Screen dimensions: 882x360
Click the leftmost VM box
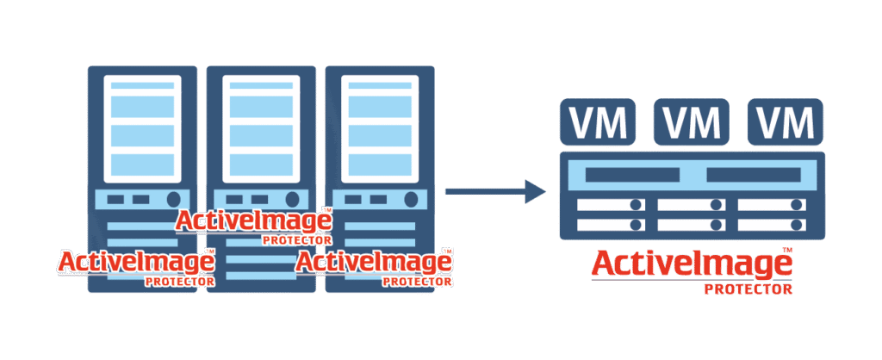597,121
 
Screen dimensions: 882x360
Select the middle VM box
691,121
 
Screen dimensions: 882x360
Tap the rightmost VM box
786,121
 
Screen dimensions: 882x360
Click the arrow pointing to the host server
495,192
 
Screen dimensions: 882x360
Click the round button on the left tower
173,199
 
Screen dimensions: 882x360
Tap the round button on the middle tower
293,199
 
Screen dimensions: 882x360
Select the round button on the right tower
412,199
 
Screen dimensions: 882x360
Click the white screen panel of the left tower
143,129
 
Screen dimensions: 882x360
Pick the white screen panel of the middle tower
262,129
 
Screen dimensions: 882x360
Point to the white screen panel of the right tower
381,129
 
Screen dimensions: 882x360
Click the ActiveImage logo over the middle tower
254,225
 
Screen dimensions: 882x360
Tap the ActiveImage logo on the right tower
374,266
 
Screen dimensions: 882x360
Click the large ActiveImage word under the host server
692,264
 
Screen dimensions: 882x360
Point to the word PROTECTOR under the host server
748,289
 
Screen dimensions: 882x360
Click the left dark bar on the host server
632,175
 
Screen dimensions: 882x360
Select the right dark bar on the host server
754,175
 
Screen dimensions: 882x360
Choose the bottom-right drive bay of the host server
772,225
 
